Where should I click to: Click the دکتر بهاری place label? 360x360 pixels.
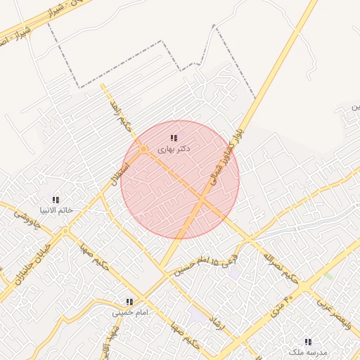174,149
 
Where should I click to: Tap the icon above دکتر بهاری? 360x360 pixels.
174,138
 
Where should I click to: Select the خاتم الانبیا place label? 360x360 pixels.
56,210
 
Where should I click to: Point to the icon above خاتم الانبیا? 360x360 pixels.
56,200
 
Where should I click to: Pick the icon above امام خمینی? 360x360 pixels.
129,302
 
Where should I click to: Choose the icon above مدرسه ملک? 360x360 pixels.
308,341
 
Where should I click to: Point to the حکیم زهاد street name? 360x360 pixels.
117,115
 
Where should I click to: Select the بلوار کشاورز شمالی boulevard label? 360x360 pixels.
226,156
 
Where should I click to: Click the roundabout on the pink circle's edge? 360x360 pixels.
143,149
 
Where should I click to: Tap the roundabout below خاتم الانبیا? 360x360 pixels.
65,231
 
